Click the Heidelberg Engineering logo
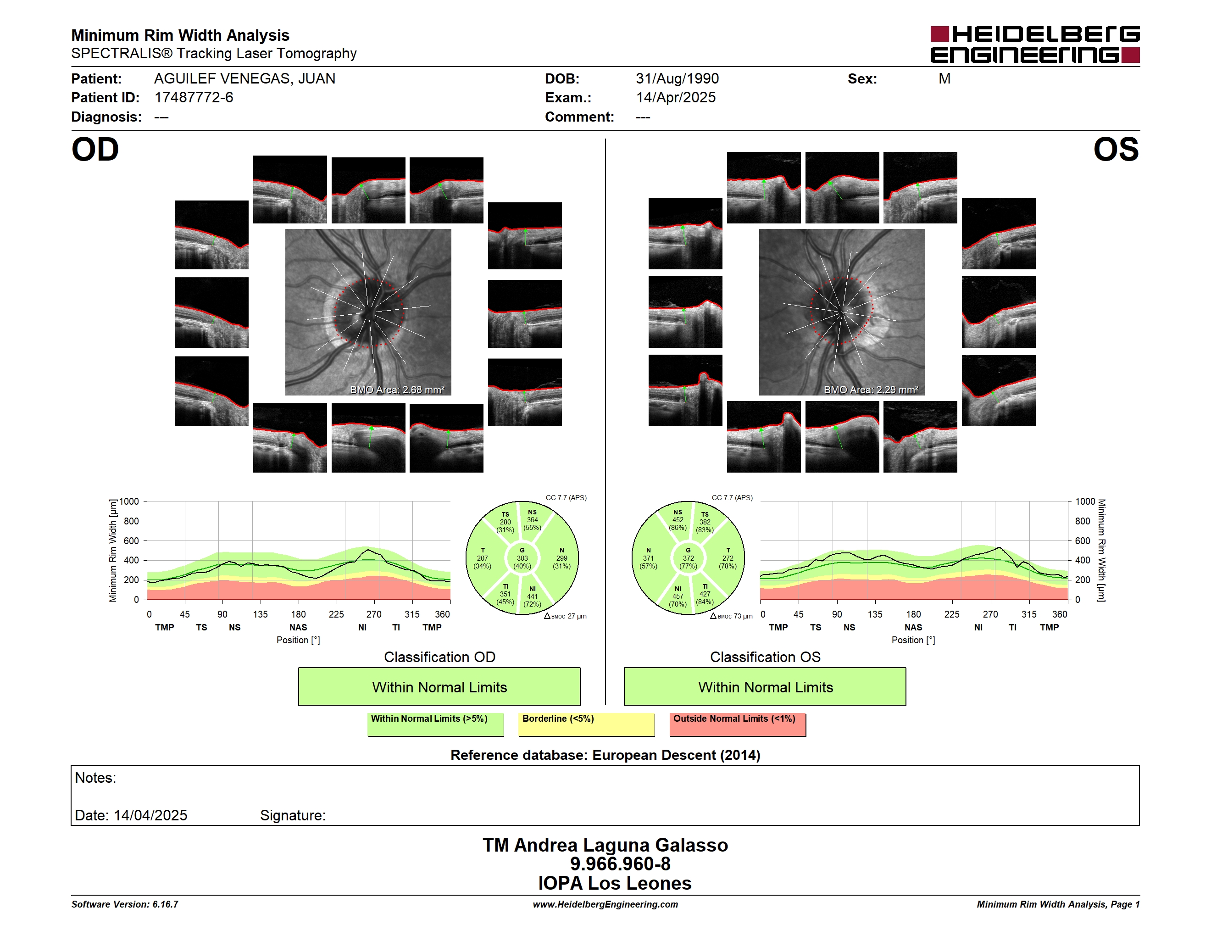point(1035,45)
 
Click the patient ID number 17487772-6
point(194,98)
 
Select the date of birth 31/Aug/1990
point(677,79)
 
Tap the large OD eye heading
point(95,150)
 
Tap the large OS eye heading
point(1116,150)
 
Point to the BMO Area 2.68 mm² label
point(397,390)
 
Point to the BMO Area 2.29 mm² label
point(871,390)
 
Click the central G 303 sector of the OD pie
point(522,558)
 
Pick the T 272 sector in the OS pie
point(728,558)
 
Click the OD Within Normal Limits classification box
point(439,686)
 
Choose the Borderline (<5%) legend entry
point(587,724)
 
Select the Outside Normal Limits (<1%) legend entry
point(738,724)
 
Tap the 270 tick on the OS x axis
point(990,614)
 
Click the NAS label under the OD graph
point(298,627)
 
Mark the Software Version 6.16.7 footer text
point(125,904)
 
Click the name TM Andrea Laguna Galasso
point(605,845)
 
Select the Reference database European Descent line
point(605,755)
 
